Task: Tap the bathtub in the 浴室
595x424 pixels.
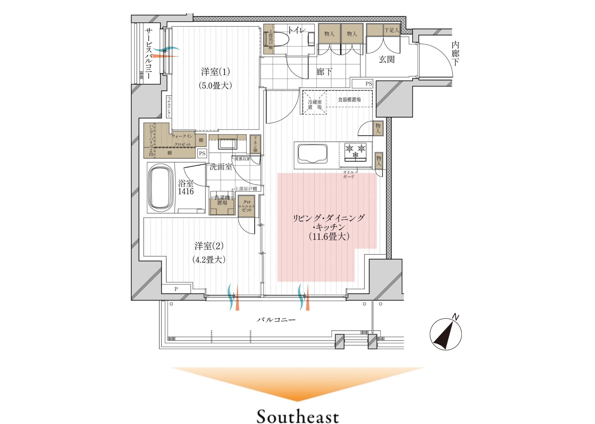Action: [161, 188]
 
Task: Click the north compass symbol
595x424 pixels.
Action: [446, 333]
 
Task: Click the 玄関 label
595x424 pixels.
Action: [387, 59]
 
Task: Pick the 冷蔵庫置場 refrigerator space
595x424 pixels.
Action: [314, 102]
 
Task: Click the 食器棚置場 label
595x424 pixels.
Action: [349, 99]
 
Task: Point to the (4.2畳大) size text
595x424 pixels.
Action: [209, 260]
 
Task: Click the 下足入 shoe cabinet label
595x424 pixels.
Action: [392, 30]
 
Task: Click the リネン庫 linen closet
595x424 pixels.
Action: [255, 144]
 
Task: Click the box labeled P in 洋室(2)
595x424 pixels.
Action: [176, 289]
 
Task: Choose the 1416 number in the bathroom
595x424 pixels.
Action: [186, 191]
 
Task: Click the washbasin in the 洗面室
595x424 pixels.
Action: [227, 144]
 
